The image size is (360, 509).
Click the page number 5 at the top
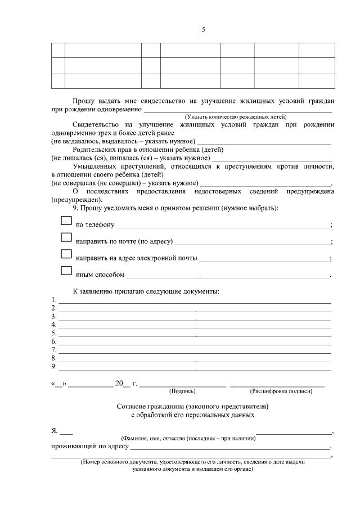[x=203, y=31]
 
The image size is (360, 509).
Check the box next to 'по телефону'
[x=66, y=222]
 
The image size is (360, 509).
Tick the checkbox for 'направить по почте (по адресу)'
[x=66, y=238]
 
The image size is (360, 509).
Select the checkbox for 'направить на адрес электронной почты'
[x=66, y=255]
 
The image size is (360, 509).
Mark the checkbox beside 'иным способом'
[x=66, y=271]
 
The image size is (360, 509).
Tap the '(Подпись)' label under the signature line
[x=182, y=390]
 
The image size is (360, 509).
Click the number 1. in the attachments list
[x=54, y=299]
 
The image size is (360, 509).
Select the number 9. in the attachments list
[x=54, y=367]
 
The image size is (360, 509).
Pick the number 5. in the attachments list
[x=54, y=333]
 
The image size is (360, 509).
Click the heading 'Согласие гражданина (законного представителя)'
[x=193, y=406]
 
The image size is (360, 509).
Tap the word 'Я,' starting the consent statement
[x=55, y=431]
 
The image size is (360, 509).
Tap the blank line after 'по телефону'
[x=222, y=226]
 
